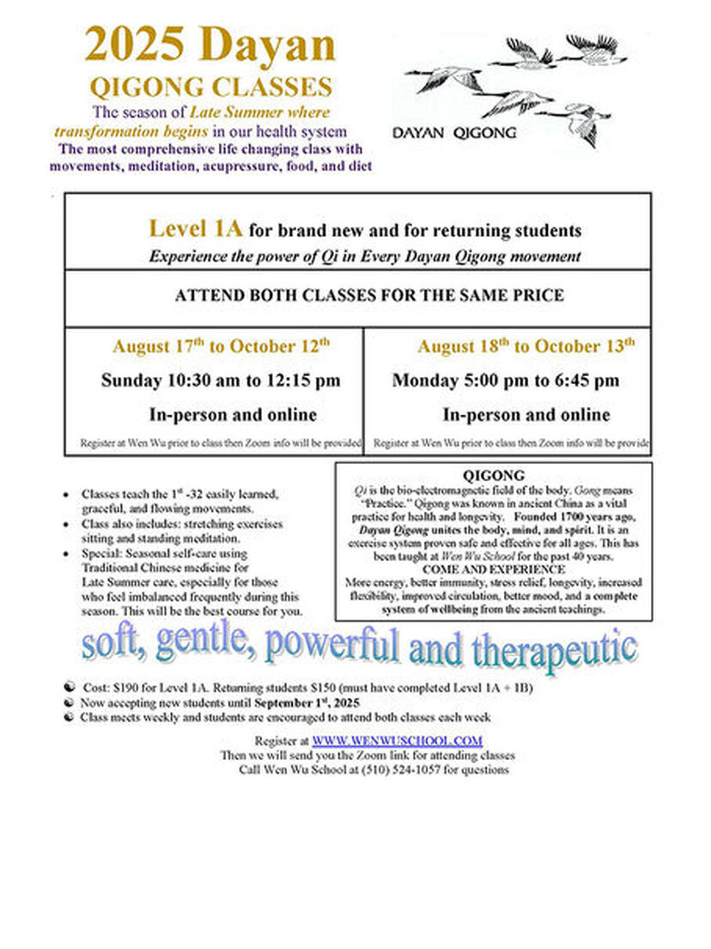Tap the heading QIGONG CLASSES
point(211,87)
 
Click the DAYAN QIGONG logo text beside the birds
point(454,132)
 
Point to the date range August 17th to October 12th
point(221,346)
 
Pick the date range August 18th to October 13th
point(526,346)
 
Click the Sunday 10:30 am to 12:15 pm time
point(221,380)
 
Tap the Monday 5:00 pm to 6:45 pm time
point(506,380)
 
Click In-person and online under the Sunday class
point(233,415)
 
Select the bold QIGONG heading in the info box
point(493,475)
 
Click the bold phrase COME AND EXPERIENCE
point(493,569)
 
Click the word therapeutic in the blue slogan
point(524,648)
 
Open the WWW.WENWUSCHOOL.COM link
point(397,740)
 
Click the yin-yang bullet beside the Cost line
point(69,689)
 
